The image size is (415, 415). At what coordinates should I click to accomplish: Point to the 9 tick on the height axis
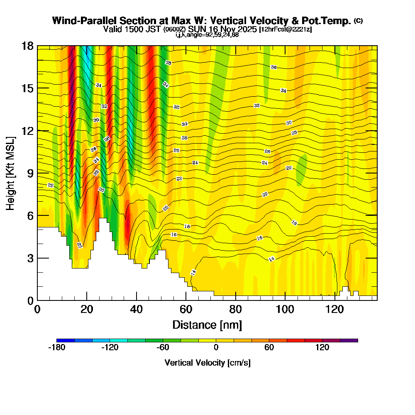pos(29,173)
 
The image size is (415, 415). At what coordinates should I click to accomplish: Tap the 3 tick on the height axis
pos(29,258)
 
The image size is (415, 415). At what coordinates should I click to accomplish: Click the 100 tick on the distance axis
pos(285,309)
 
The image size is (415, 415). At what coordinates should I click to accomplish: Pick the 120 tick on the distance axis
pos(335,309)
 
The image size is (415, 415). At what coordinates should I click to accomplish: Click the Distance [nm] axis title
pos(207,325)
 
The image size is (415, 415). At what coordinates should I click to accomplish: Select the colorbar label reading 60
pos(269,348)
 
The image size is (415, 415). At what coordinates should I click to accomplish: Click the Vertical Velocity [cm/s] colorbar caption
pos(207,363)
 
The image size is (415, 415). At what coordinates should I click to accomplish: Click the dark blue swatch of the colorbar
pos(66,340)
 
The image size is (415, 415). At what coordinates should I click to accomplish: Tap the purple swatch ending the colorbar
pos(349,340)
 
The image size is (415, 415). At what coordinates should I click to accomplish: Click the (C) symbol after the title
pos(358,20)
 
